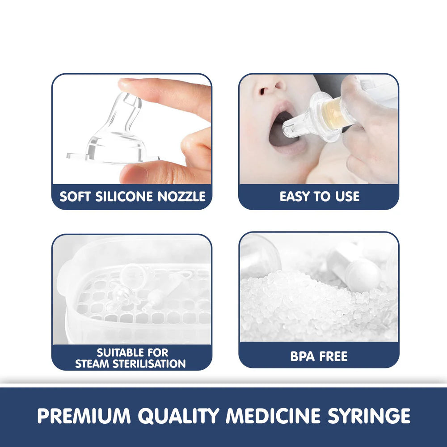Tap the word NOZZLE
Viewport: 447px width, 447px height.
point(181,196)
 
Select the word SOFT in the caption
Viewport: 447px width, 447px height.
point(75,196)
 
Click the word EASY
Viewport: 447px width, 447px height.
point(295,196)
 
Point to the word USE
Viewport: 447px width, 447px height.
point(347,196)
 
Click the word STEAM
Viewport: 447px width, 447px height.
point(93,364)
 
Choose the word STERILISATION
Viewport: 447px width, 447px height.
point(149,364)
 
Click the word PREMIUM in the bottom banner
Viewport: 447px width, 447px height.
point(84,416)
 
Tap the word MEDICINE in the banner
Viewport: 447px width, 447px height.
point(273,416)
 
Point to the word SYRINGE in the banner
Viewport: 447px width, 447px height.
point(369,416)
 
